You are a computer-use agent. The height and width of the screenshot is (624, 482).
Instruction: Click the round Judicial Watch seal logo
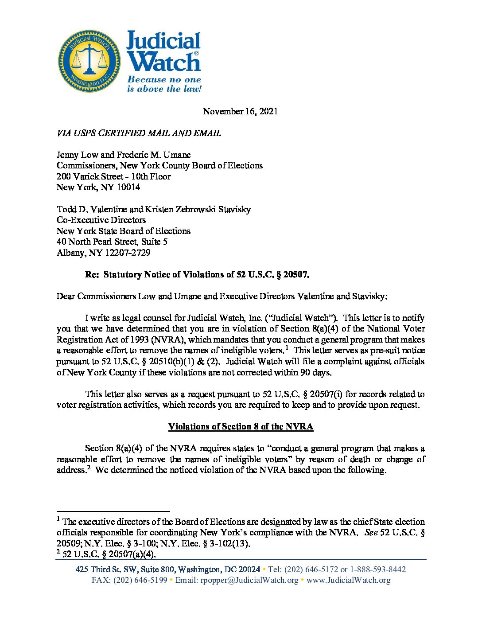click(x=90, y=61)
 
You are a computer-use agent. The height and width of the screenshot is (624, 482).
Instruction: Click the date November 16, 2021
click(x=240, y=111)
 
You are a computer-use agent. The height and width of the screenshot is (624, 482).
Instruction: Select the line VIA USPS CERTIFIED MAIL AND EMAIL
click(x=139, y=133)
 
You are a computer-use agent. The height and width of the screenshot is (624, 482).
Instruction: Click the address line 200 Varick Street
click(x=113, y=176)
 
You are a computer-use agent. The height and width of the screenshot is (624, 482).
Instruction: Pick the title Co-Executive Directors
click(x=101, y=220)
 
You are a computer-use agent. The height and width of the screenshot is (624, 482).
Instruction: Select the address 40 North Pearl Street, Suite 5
click(x=112, y=242)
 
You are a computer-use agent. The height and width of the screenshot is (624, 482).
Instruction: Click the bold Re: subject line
click(x=197, y=274)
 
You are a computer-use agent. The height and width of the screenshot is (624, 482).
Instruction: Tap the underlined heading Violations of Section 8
click(x=241, y=426)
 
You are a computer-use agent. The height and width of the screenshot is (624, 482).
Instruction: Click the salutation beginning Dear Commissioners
click(x=222, y=296)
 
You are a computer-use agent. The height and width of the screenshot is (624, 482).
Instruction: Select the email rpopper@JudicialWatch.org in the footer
click(x=249, y=580)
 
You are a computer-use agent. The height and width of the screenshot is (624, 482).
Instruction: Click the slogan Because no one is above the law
click(x=164, y=84)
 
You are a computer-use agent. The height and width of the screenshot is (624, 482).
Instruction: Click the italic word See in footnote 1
click(x=371, y=533)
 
